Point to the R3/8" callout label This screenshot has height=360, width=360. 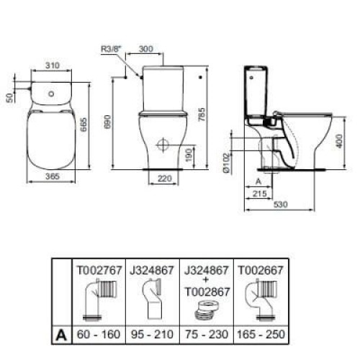[x=111, y=50]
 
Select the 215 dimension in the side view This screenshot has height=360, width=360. [x=261, y=194]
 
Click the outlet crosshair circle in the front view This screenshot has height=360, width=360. [x=162, y=145]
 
